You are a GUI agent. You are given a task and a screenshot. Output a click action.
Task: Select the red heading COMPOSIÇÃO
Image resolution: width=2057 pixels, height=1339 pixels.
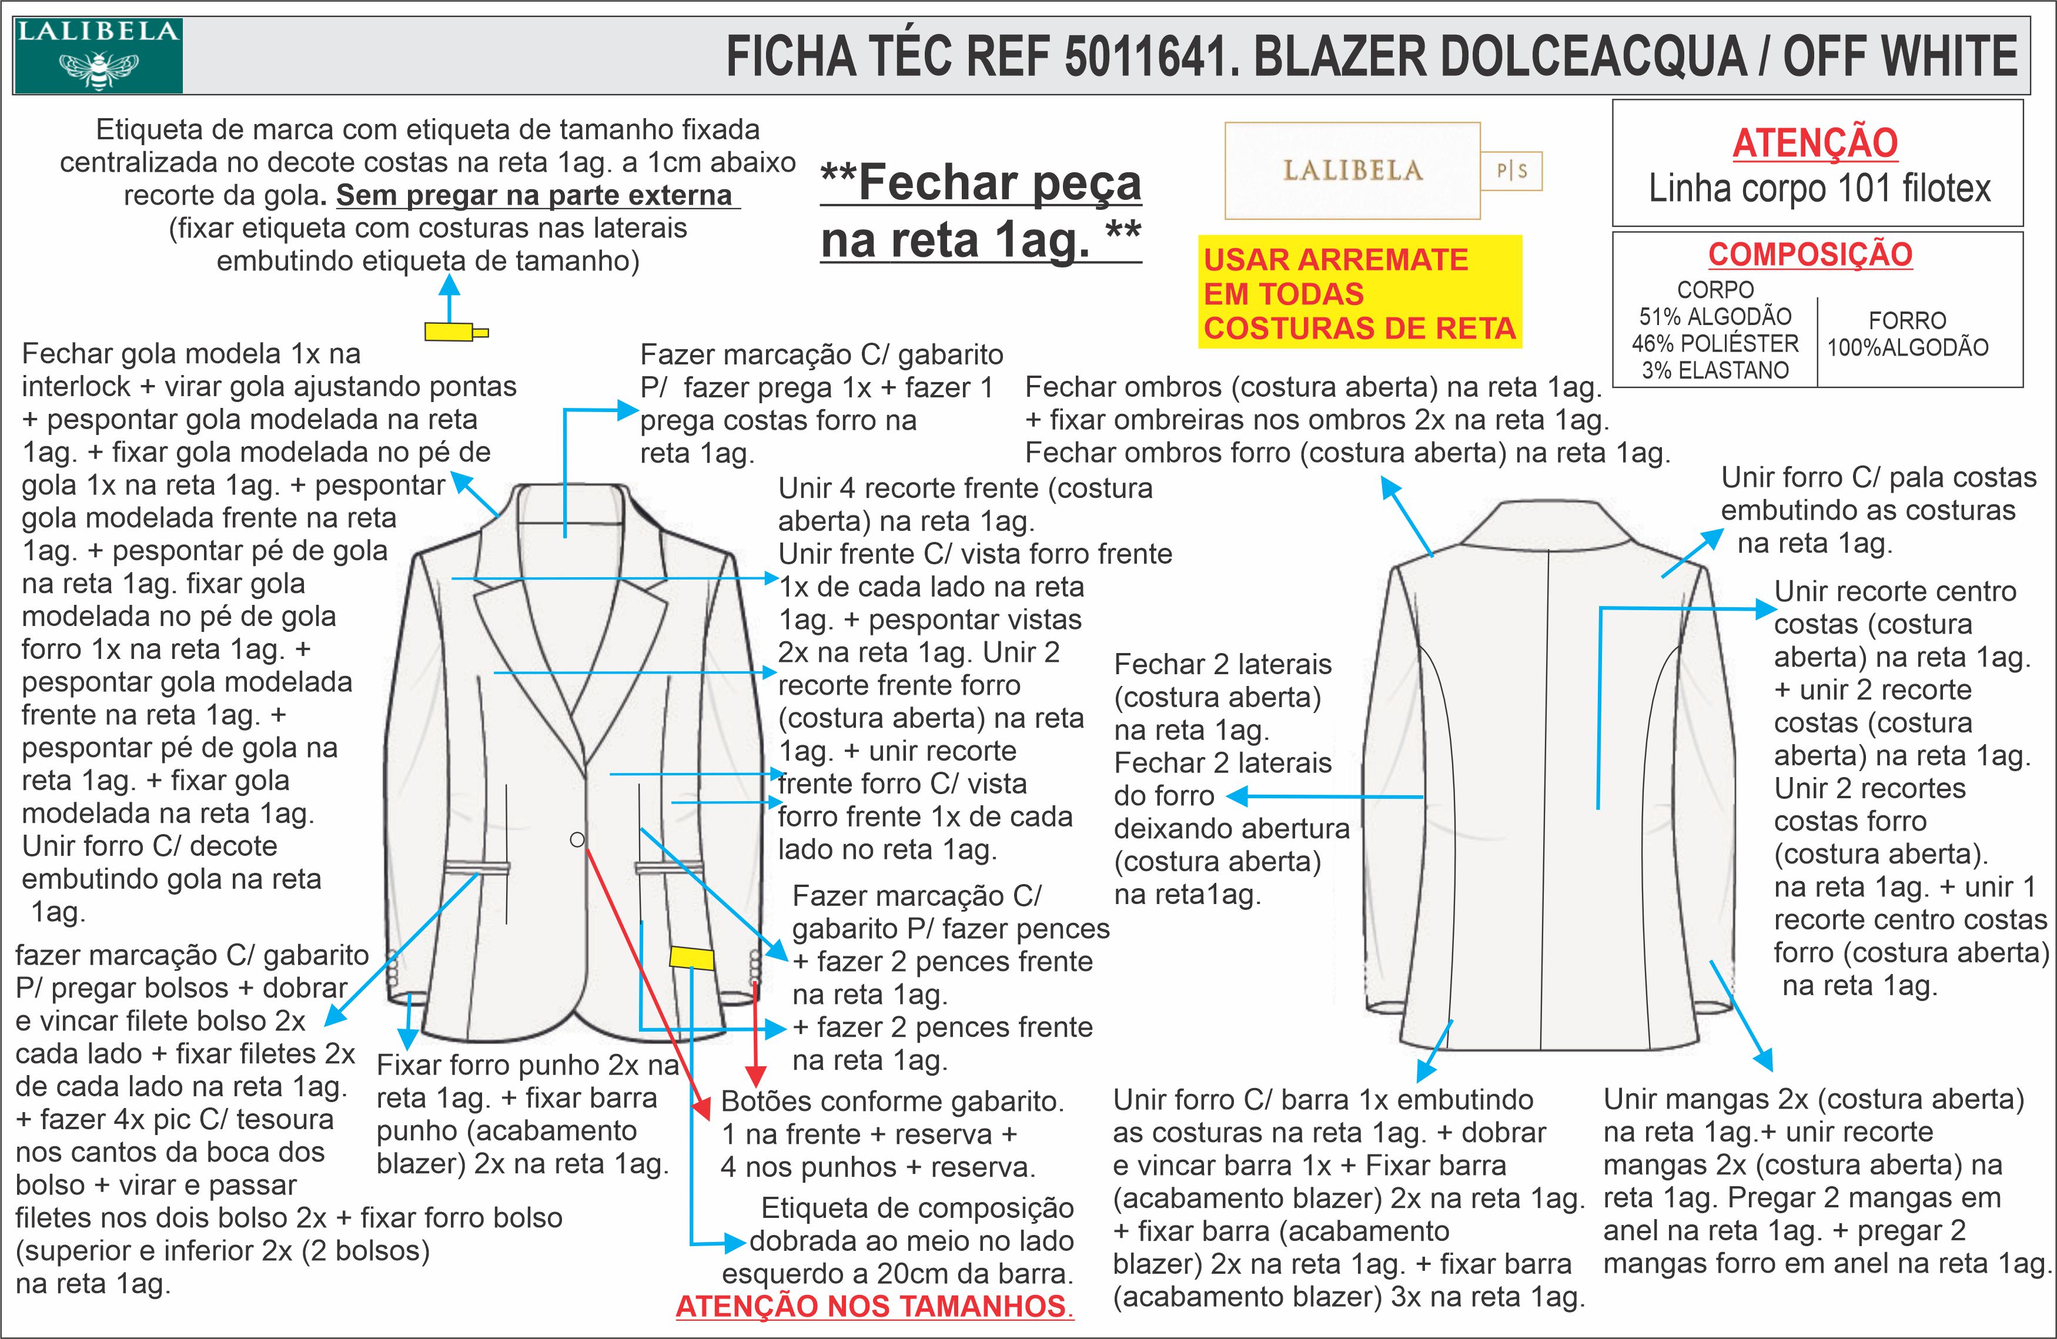(x=1810, y=254)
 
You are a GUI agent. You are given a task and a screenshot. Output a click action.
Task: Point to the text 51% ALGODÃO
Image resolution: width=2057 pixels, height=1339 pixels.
(x=1715, y=316)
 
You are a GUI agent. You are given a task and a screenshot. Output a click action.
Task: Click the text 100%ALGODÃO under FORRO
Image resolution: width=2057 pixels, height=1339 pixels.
(x=1908, y=347)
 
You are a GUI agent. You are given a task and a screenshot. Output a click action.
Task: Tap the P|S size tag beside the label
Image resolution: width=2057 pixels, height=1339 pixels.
(x=1511, y=171)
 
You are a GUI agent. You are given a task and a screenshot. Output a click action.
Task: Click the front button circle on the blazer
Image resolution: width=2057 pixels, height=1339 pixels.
(x=577, y=839)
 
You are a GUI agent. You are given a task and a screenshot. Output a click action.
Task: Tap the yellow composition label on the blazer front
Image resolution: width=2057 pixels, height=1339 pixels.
(x=691, y=958)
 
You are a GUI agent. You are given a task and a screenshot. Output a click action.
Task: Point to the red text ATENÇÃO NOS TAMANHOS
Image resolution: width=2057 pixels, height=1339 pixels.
(x=873, y=1306)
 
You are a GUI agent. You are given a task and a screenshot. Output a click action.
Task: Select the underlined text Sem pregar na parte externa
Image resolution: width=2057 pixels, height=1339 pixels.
(x=534, y=195)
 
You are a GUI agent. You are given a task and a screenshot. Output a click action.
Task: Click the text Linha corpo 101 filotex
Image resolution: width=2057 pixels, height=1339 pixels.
(x=1818, y=189)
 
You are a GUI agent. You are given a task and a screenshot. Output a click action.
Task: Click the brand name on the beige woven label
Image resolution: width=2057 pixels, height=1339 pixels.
(x=1352, y=170)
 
